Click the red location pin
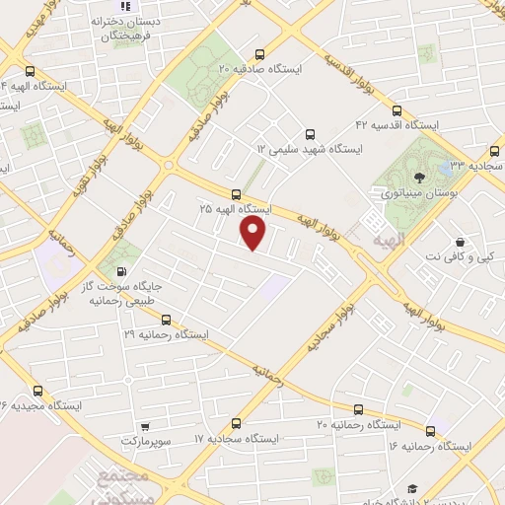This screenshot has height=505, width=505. (254, 233)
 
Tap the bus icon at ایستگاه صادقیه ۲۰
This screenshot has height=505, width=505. (259, 55)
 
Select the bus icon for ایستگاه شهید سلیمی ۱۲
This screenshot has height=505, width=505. (312, 133)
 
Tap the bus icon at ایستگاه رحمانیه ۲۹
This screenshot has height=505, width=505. (166, 320)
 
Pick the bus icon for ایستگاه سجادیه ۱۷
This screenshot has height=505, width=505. (236, 423)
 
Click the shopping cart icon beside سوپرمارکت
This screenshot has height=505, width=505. (145, 427)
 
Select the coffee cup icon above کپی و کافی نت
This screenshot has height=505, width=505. (461, 242)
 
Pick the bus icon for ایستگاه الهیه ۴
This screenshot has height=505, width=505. (31, 71)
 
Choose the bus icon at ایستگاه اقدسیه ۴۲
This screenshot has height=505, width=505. (397, 111)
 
